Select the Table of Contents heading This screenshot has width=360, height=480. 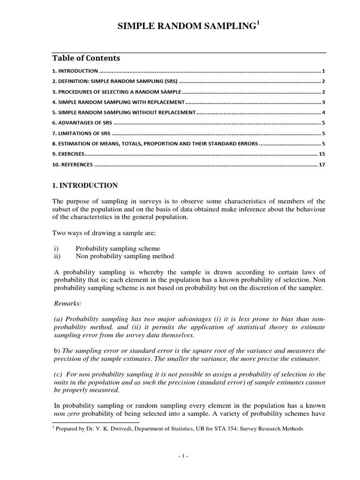86,59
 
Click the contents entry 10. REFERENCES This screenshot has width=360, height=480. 73,165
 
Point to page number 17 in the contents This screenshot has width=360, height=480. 322,165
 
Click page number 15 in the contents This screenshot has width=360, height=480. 322,154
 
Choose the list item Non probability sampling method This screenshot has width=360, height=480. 125,256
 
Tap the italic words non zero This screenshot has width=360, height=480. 66,413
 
